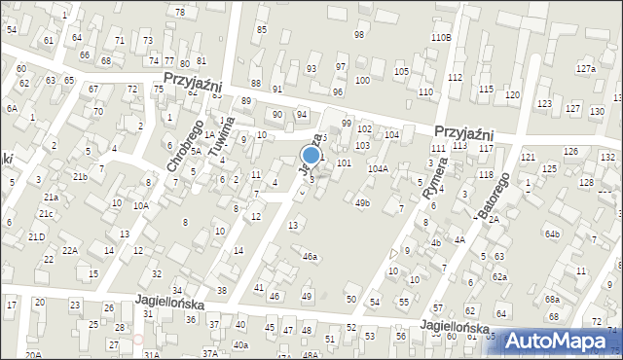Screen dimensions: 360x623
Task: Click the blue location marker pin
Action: pos(311,156)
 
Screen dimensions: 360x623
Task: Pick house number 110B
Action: pos(441,37)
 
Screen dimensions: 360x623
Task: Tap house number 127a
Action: pos(585,69)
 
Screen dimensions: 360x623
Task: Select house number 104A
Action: pos(378,168)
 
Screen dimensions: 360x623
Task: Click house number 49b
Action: pos(362,202)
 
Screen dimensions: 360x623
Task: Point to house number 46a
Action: pos(310,256)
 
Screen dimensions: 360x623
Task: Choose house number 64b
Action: pos(553,234)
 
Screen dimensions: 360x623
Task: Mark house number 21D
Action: pos(36,236)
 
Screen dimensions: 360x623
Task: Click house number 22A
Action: pos(69,250)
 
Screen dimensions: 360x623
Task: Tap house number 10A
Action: pos(141,205)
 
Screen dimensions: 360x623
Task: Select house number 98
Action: pos(359,34)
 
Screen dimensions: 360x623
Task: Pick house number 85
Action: pos(261,29)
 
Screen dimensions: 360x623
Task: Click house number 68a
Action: pos(552,299)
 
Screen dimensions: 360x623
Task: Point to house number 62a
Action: pos(499,276)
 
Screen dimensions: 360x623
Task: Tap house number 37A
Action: pos(210,353)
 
